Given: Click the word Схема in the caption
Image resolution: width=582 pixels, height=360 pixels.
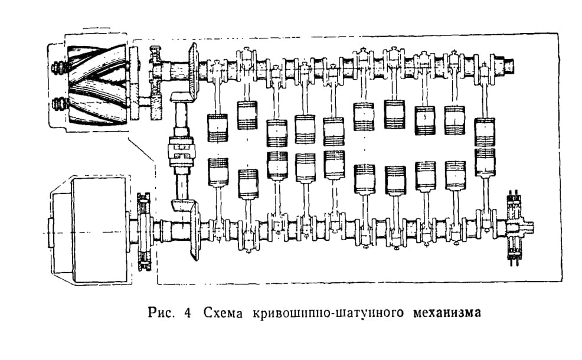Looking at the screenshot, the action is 223,313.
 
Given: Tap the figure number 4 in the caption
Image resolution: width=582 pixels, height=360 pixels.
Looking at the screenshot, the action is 188,313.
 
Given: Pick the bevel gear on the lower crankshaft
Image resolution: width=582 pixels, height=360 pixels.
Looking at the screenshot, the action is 194,230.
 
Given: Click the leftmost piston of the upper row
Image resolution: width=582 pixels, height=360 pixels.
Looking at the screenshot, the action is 217,127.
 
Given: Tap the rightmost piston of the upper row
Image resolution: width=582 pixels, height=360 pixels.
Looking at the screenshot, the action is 485,132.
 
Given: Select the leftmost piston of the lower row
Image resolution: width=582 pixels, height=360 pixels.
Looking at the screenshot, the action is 218,172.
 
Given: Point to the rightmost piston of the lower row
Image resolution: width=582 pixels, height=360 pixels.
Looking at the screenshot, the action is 485,162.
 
